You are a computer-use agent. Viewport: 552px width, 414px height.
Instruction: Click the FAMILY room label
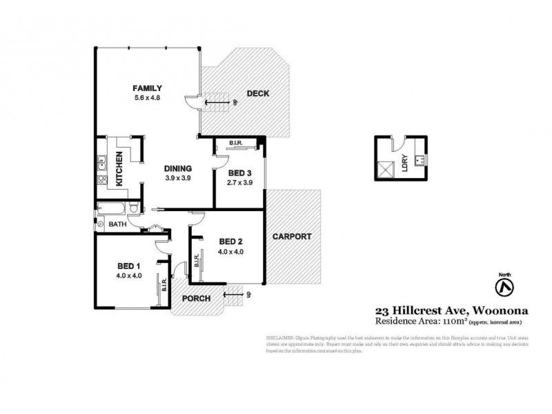148,88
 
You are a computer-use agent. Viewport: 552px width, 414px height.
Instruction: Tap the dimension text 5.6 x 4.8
148,98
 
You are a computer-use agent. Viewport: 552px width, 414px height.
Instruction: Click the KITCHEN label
119,170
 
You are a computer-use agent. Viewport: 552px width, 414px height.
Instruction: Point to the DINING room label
177,168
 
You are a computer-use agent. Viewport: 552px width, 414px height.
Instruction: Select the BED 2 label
230,241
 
